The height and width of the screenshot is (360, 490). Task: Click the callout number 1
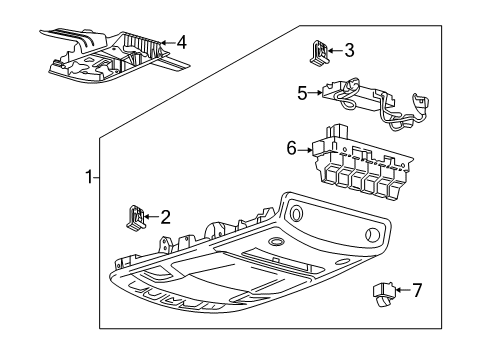coord(89,177)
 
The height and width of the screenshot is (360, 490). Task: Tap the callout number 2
coord(165,215)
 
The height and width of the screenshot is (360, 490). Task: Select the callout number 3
coord(348,50)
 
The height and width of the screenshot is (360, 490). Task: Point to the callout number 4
coord(180,43)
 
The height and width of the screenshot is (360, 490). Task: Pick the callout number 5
coord(301,92)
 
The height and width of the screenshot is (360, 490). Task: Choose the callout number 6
coord(292,149)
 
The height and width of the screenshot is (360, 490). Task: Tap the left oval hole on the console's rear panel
coord(296,211)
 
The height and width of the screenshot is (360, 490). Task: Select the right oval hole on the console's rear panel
coord(372,236)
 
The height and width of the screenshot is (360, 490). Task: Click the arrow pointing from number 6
coord(306,149)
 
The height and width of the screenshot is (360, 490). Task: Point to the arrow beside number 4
coord(166,43)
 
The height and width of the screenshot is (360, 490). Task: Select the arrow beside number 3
coord(334,50)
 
